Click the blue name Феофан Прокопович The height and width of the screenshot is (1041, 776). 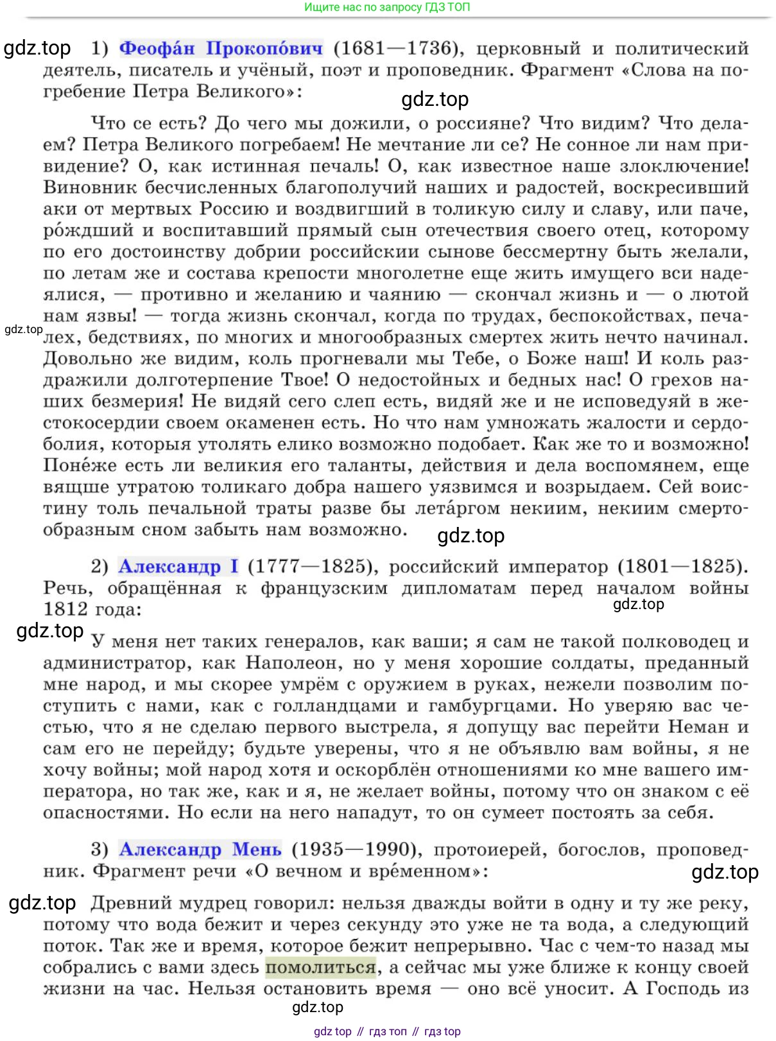point(221,48)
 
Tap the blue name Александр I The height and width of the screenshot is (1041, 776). point(178,566)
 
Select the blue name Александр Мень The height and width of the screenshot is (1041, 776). point(200,849)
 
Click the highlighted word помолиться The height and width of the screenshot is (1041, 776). point(320,967)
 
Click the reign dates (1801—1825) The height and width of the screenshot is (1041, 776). point(682,566)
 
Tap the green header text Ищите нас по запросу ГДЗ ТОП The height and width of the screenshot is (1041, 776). point(387,7)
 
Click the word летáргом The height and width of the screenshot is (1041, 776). point(457,508)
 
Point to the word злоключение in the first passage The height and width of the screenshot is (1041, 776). point(684,166)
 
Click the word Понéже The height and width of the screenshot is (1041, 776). point(80,465)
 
